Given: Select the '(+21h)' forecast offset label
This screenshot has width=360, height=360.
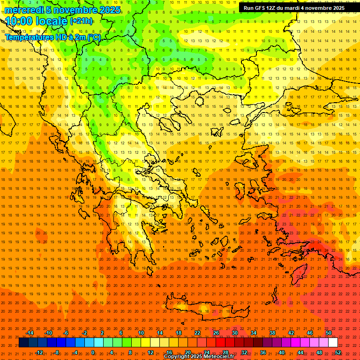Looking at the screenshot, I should coord(81,21).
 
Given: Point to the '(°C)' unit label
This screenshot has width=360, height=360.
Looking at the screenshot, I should coord(93,37).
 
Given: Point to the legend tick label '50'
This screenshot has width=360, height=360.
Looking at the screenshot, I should coord(329,333).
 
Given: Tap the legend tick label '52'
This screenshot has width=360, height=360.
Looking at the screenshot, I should coord(338,352).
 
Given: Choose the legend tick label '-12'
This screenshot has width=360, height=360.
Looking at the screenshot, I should coord(39,352).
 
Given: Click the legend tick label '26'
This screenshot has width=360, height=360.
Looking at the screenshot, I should coord(216,333).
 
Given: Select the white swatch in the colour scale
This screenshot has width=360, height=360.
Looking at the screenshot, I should coord(333,343).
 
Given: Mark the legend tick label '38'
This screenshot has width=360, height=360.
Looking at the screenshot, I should coord(272,333).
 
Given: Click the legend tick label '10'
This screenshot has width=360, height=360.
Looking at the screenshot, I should coord(141,333).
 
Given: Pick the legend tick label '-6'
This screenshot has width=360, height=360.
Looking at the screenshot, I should coord(66,333).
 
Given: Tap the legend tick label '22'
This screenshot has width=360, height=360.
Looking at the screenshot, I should coord(197,333).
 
